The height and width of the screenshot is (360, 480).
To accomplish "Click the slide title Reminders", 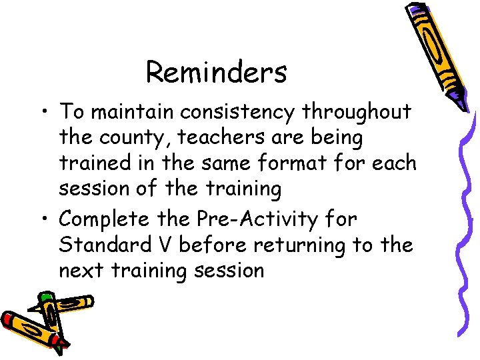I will point(216,72).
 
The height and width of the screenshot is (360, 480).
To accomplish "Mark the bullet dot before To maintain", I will point(45,112).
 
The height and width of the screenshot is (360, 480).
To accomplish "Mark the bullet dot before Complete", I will point(45,218).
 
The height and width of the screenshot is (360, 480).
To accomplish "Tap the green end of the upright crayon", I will point(45,297).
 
